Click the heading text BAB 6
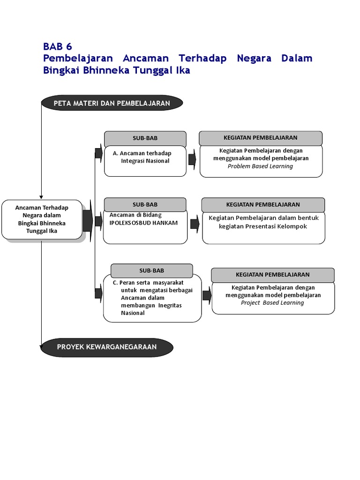58,46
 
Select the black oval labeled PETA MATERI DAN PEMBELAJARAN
112,103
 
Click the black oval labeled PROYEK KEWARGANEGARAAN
107,347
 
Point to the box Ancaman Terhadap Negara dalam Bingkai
42,219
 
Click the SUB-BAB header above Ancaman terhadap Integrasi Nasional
145,139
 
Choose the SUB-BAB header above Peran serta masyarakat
151,270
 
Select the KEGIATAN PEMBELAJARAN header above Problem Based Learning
261,138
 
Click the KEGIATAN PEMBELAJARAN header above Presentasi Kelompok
263,204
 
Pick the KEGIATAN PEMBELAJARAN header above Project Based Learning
273,274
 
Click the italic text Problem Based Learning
261,166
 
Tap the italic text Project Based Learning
272,303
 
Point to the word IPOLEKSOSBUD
130,223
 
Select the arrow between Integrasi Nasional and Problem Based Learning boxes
192,159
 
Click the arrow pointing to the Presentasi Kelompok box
195,224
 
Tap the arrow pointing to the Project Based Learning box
206,295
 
